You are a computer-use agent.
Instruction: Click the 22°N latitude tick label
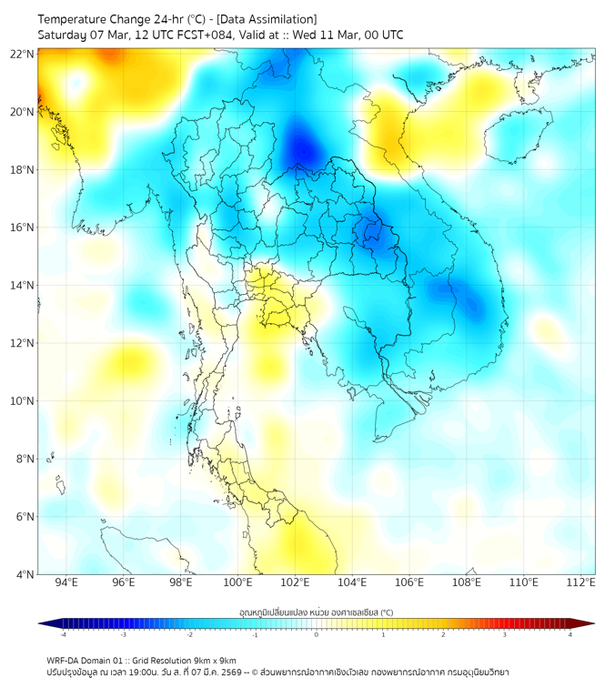click(23, 54)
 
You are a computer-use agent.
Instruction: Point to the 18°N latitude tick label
click(23, 169)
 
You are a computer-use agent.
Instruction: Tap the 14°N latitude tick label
click(23, 285)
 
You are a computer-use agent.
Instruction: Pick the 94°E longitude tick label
click(66, 582)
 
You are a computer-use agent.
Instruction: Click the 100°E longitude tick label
click(237, 582)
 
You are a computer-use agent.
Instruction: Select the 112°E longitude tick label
click(581, 582)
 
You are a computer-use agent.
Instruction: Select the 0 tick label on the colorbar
click(317, 634)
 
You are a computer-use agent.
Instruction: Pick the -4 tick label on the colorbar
click(62, 634)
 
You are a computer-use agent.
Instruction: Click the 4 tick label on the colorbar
click(570, 634)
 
